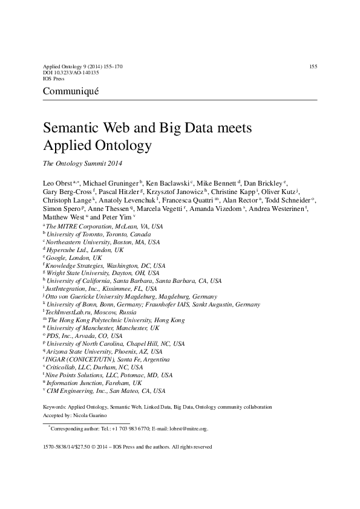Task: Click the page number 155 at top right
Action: [313, 66]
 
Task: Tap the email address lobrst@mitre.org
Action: [188, 429]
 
